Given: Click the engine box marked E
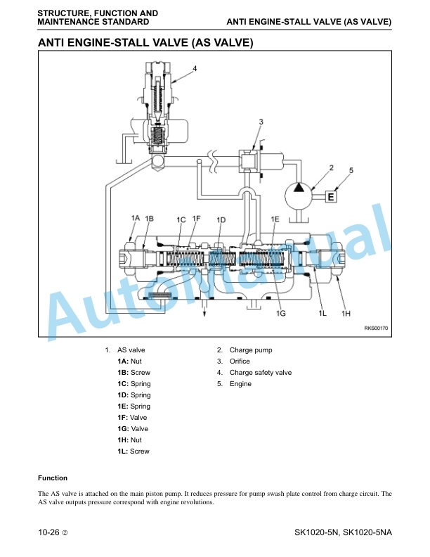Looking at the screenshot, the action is pyautogui.click(x=331, y=196).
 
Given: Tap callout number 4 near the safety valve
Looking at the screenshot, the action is pyautogui.click(x=195, y=68).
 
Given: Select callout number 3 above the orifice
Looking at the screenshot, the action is pyautogui.click(x=261, y=122).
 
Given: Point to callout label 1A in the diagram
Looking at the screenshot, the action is pyautogui.click(x=136, y=218).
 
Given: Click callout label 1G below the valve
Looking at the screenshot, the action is pyautogui.click(x=280, y=314).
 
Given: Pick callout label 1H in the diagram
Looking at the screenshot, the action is pyautogui.click(x=346, y=314).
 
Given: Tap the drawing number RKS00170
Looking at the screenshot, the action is pyautogui.click(x=376, y=328).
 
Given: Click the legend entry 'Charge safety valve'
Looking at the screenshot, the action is pyautogui.click(x=261, y=372).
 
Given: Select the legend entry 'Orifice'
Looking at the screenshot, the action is pyautogui.click(x=240, y=361).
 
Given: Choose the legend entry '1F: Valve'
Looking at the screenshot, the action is pyautogui.click(x=132, y=417).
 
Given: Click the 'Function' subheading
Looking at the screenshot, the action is pyautogui.click(x=53, y=478).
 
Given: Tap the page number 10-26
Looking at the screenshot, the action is pyautogui.click(x=48, y=532).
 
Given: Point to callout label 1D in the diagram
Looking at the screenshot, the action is pyautogui.click(x=221, y=220).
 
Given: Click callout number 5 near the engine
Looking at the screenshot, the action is pyautogui.click(x=351, y=170).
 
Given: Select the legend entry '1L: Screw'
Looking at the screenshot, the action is pyautogui.click(x=133, y=451).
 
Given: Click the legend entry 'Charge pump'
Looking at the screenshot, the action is pyautogui.click(x=250, y=350).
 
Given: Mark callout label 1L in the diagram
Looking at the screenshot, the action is pyautogui.click(x=322, y=314).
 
